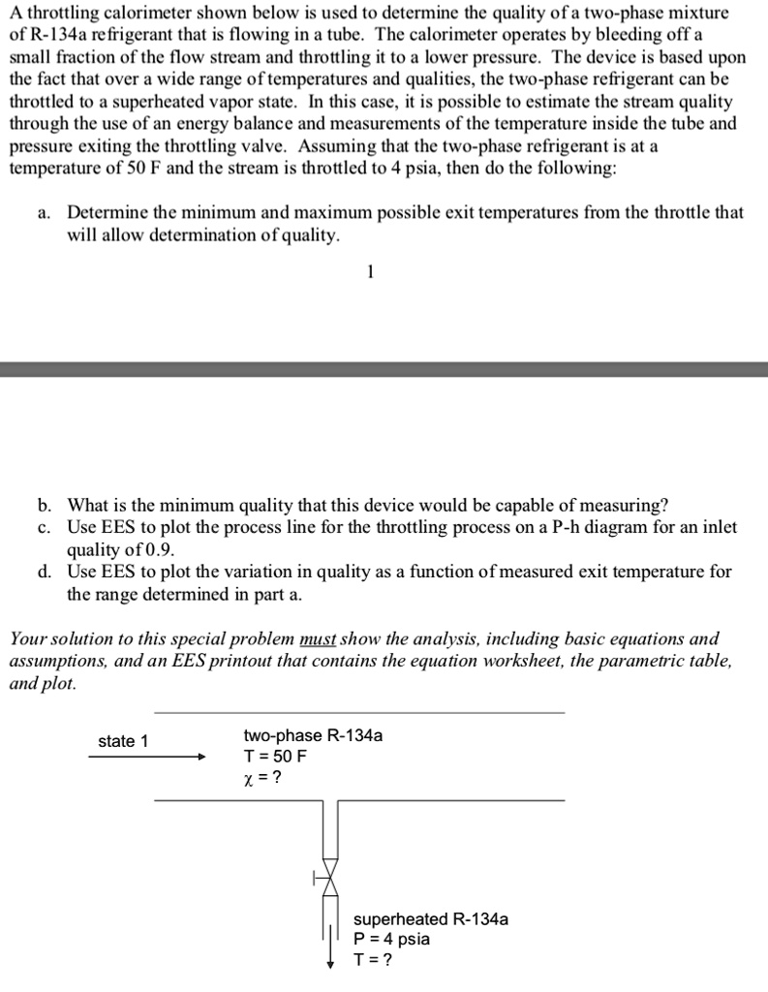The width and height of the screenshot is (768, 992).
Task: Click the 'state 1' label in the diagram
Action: pos(123,741)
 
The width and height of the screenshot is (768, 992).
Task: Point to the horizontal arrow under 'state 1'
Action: pos(146,758)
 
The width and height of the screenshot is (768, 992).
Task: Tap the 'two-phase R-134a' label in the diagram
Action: pos(313,735)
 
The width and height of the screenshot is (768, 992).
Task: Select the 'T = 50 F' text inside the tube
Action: pos(275,756)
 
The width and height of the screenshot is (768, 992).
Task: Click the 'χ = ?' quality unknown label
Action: pos(263,777)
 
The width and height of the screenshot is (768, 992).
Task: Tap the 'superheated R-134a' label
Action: pos(430,918)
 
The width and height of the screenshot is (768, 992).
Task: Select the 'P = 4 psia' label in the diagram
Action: pos(392,939)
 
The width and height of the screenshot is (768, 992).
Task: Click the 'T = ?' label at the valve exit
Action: pos(374,960)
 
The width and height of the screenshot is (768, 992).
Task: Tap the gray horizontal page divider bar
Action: pos(384,369)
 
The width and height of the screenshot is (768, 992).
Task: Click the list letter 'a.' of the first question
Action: pos(46,212)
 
